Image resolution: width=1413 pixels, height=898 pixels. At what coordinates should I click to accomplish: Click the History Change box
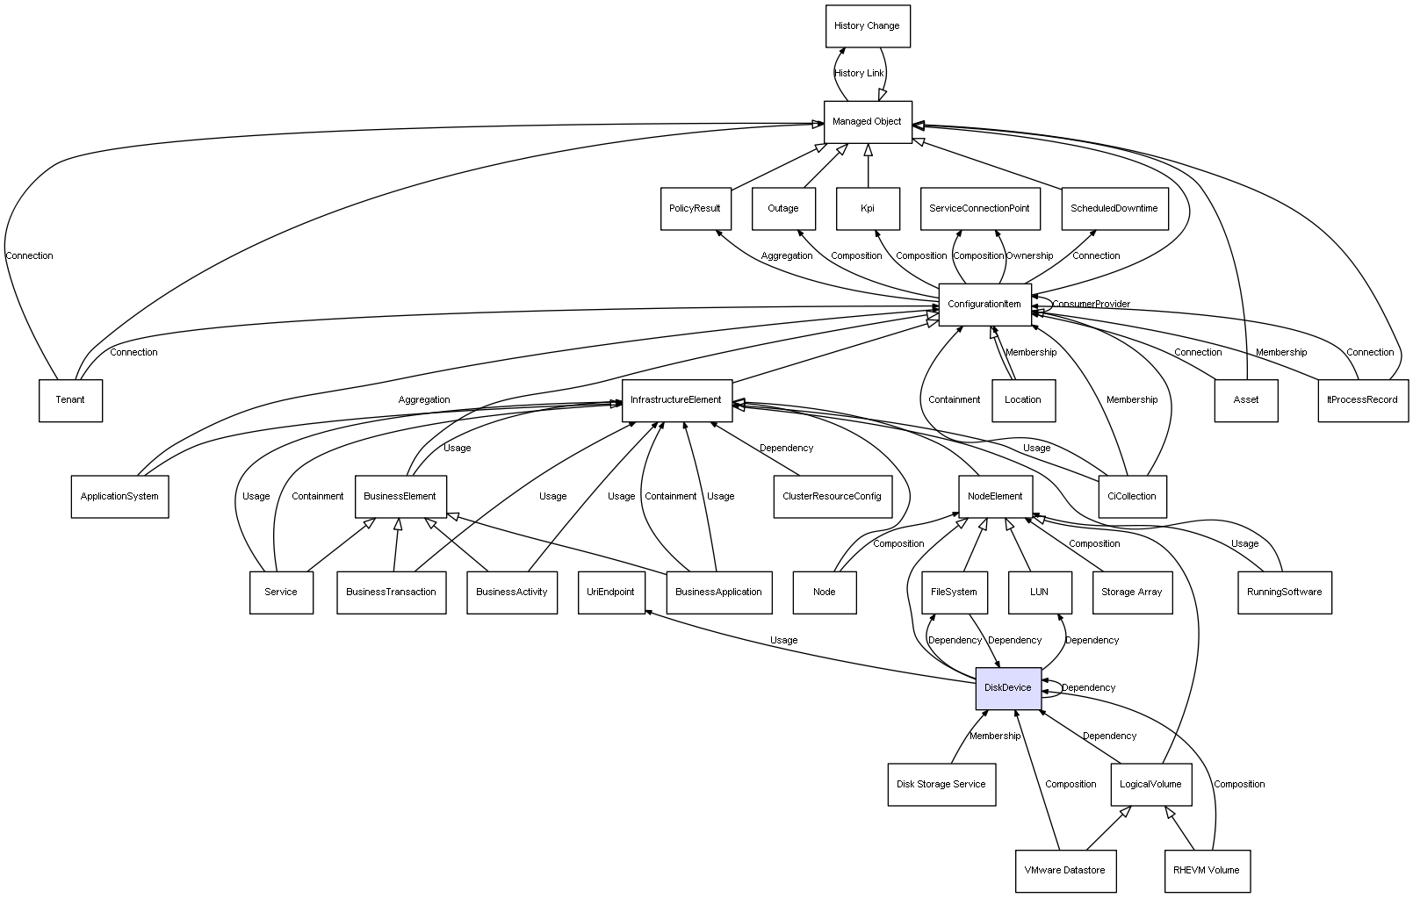click(x=867, y=26)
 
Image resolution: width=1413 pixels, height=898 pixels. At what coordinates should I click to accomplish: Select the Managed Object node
click(x=867, y=122)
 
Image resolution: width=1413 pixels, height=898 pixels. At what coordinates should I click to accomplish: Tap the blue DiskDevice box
click(x=1007, y=688)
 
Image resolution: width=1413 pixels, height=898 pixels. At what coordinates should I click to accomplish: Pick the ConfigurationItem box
click(x=984, y=305)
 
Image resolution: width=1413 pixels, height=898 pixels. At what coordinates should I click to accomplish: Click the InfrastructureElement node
click(x=676, y=400)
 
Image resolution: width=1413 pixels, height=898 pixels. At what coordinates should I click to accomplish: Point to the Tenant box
click(x=70, y=400)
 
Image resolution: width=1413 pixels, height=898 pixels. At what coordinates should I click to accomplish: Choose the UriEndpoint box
click(x=610, y=593)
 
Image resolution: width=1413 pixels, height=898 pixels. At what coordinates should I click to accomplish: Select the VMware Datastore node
click(x=1064, y=871)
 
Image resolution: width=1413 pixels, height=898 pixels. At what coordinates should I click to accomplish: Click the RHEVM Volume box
click(x=1206, y=871)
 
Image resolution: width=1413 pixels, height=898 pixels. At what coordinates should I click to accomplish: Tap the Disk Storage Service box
click(x=941, y=785)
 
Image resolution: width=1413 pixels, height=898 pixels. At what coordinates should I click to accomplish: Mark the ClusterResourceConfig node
click(x=832, y=497)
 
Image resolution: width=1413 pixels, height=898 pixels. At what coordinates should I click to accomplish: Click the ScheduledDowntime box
click(x=1114, y=209)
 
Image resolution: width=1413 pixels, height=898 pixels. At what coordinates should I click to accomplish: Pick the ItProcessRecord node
click(x=1362, y=400)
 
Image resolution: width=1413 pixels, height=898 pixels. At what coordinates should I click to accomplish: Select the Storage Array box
click(x=1131, y=593)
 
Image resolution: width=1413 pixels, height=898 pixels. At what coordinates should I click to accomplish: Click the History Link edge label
click(x=859, y=74)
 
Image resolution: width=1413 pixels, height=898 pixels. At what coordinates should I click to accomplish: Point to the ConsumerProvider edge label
click(x=1092, y=305)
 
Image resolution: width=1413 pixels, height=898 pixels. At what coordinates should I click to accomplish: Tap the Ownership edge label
click(x=1029, y=256)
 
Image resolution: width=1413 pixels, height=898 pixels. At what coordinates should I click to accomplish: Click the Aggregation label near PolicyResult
click(x=786, y=256)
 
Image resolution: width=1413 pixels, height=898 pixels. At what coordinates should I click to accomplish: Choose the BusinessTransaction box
click(x=391, y=593)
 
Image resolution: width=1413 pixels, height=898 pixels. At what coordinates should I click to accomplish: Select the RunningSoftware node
click(x=1283, y=593)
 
